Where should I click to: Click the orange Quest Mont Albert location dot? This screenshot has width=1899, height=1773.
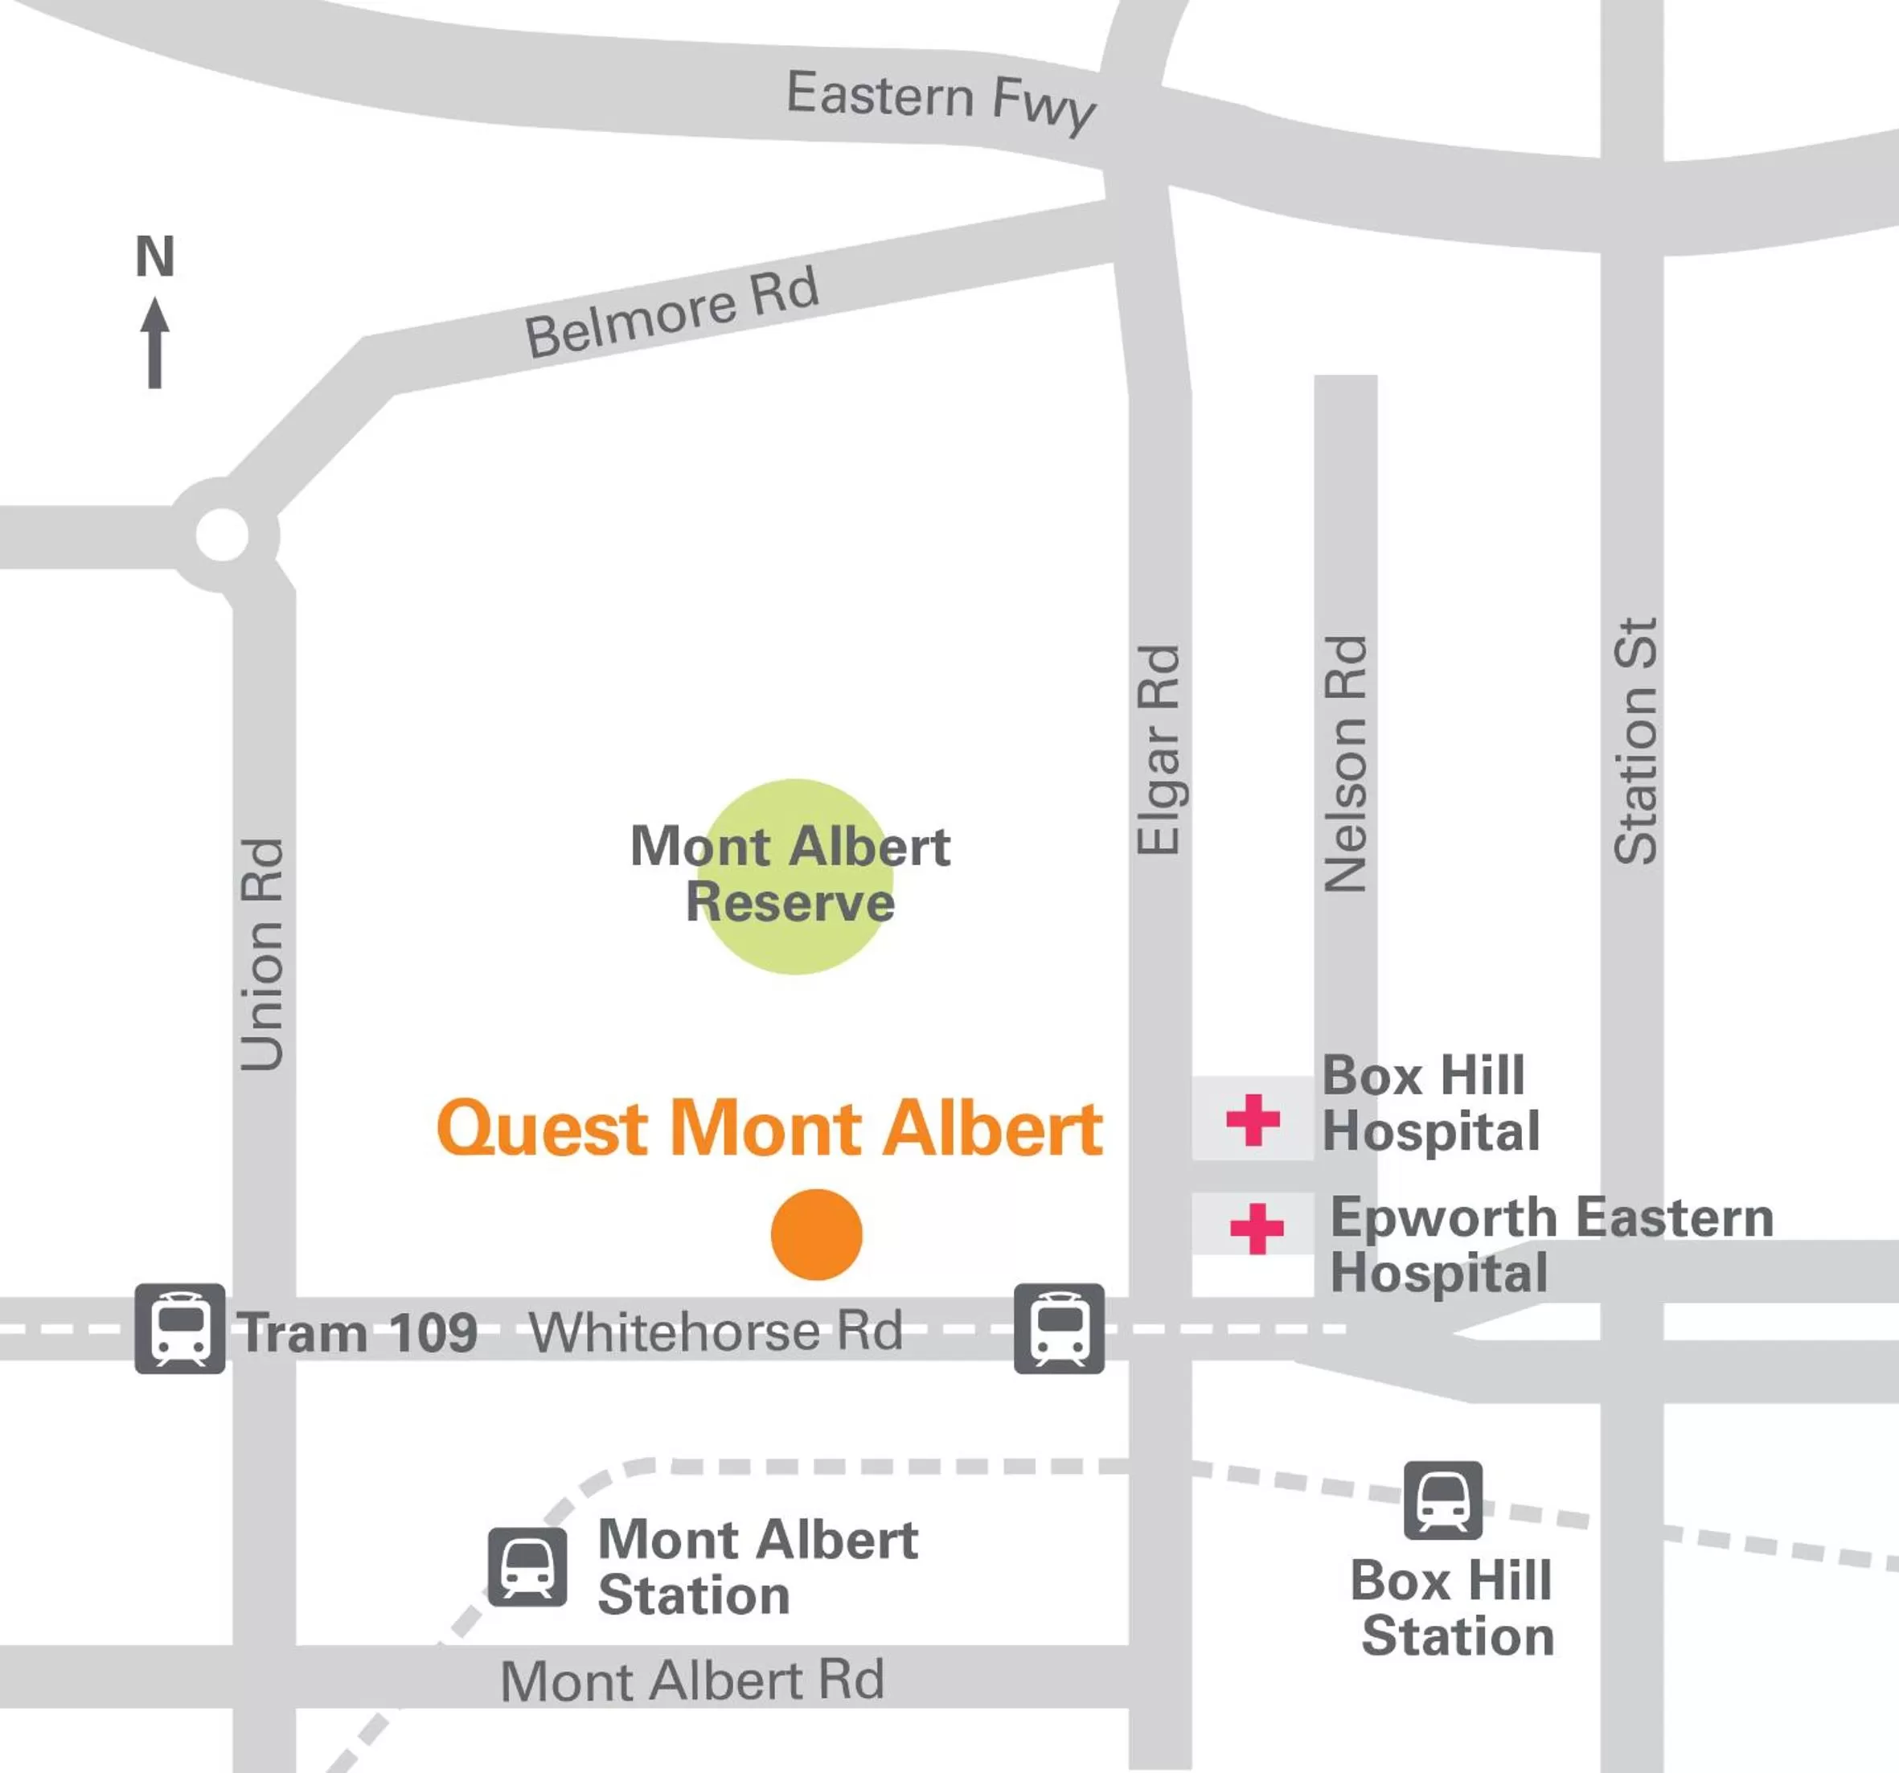point(816,1234)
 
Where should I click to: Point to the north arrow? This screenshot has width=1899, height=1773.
point(154,343)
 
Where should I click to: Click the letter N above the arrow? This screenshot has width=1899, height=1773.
point(154,256)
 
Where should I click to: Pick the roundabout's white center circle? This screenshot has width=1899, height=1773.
point(222,534)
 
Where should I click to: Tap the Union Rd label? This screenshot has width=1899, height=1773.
point(262,954)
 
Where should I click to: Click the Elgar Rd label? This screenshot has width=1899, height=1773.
point(1159,750)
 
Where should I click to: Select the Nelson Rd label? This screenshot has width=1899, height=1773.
point(1346,763)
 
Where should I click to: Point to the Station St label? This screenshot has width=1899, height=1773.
point(1634,741)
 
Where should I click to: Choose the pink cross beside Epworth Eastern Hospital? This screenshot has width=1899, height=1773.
point(1256,1229)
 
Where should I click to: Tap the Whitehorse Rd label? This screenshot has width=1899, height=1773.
point(716,1331)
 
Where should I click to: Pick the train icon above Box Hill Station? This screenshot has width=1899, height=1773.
point(1442,1500)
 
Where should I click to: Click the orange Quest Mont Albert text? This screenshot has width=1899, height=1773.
point(769,1128)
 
